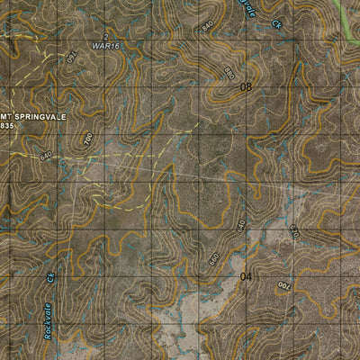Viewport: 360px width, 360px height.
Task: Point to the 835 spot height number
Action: [x=8, y=126]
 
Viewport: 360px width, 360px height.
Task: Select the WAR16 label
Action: [x=105, y=44]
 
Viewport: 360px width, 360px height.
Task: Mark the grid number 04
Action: [x=247, y=277]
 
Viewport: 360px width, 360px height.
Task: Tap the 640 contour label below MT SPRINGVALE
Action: [x=46, y=155]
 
